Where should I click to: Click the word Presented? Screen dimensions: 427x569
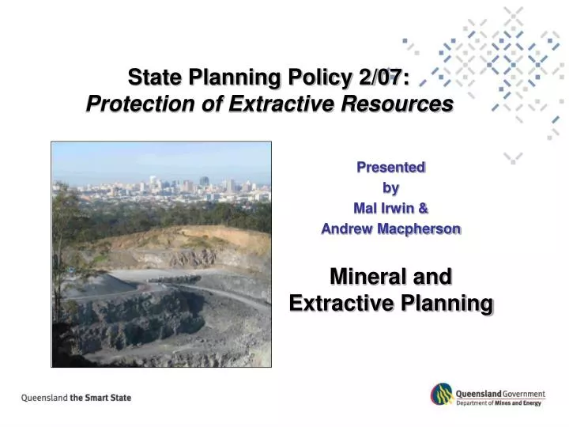point(391,168)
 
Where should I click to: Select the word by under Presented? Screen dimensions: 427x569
point(391,188)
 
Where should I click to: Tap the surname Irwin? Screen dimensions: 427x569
point(397,209)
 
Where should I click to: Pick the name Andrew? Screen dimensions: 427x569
point(347,229)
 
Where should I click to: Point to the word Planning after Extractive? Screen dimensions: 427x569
point(448,304)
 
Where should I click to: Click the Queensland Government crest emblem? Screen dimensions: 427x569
point(441,395)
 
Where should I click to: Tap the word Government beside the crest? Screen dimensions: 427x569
point(522,393)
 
